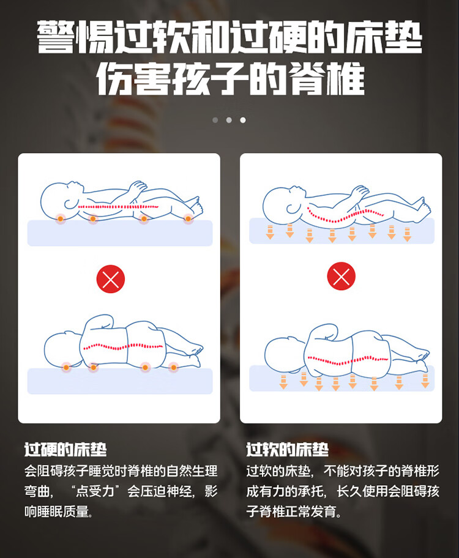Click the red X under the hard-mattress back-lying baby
tap(111, 279)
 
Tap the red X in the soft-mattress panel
tap(341, 276)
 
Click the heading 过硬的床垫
tap(65, 450)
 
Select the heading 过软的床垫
tap(288, 450)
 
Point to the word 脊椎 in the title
tap(327, 79)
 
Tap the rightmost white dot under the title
tap(243, 120)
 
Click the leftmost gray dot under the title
tap(215, 120)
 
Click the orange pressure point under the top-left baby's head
tap(61, 218)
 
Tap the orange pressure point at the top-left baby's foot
tap(188, 219)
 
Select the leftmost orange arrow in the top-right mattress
tap(270, 232)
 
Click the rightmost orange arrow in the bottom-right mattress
tap(425, 381)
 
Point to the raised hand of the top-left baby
tap(136, 188)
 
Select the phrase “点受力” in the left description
tap(95, 491)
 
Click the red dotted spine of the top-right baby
tap(345, 215)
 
